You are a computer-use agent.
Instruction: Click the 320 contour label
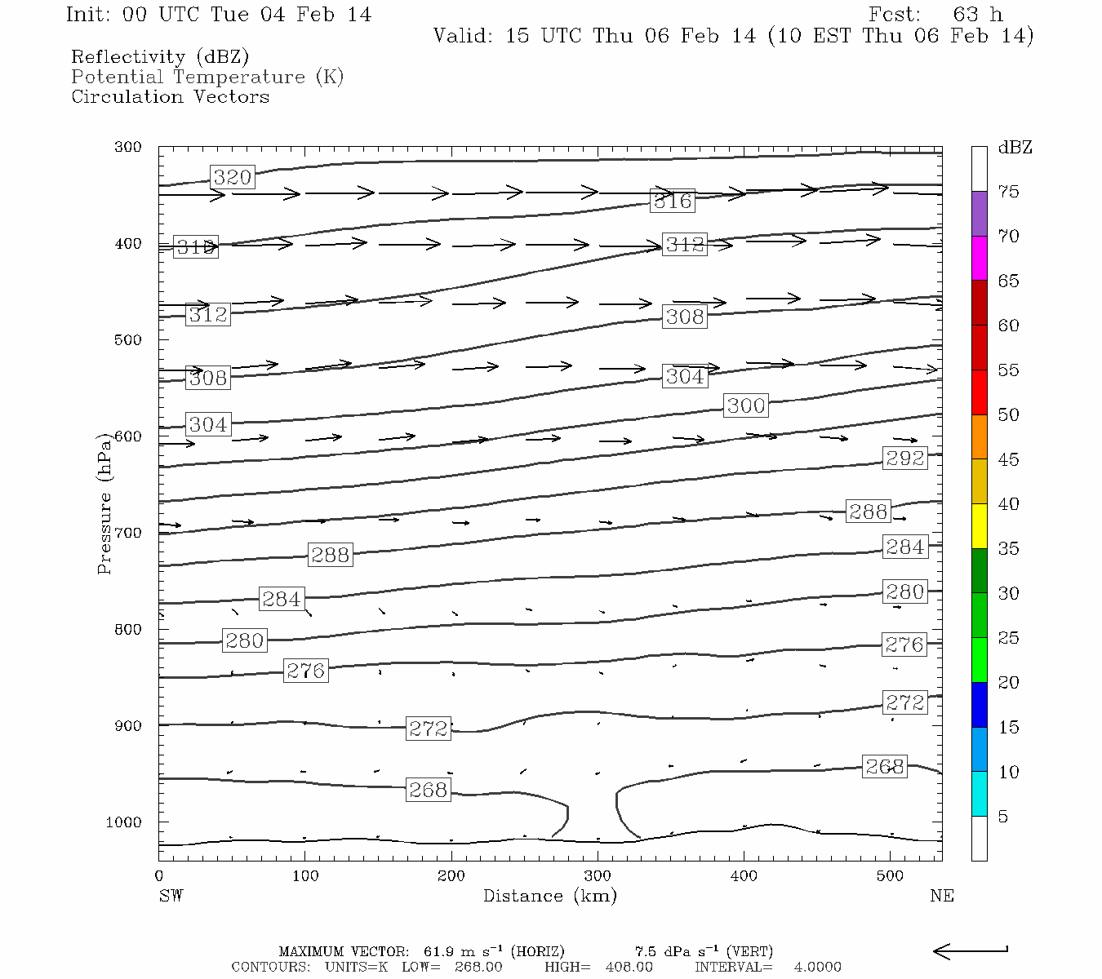coord(233,177)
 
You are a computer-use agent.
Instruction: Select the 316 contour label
coord(673,201)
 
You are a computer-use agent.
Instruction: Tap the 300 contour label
coord(746,405)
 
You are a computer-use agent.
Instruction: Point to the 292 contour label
coord(905,458)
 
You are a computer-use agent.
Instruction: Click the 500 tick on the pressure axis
coord(128,339)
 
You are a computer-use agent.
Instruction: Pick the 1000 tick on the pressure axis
coord(124,822)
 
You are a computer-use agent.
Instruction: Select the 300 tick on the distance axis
coord(598,875)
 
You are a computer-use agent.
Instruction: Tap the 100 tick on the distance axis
coord(305,875)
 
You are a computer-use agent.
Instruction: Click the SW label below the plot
coord(171,896)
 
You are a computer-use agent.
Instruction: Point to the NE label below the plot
coord(941,896)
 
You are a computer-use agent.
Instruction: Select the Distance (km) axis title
coord(550,896)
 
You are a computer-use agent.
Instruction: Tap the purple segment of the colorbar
coord(979,214)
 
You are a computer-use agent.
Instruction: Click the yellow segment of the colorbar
coord(979,526)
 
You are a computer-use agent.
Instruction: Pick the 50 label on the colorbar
coord(1009,414)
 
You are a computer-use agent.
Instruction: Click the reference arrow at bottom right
coord(971,950)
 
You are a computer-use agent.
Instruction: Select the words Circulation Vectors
coord(170,96)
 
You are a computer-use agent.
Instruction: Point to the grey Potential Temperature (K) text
coord(207,77)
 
